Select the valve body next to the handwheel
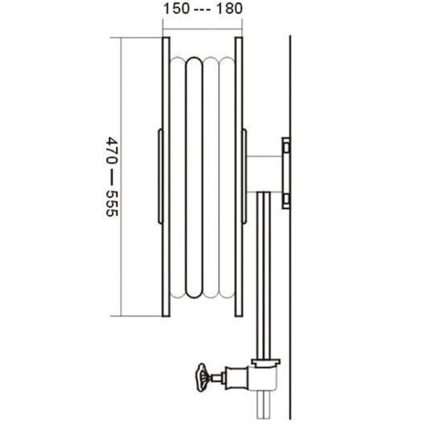[236, 377]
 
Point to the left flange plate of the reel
[166, 177]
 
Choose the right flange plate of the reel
[239, 177]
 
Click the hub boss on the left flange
[158, 177]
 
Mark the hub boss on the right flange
[245, 177]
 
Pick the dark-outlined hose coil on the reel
[195, 177]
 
